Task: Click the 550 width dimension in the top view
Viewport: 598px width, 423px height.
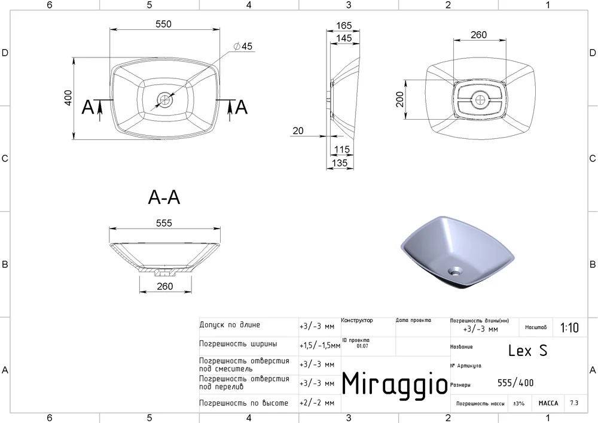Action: [164, 24]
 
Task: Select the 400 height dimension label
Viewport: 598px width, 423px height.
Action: [68, 98]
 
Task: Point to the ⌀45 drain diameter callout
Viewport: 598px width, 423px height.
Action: [243, 46]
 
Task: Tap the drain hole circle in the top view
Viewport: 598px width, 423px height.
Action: [165, 100]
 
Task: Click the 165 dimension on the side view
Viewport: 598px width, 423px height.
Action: [344, 26]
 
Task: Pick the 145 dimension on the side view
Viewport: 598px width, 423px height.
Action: [344, 38]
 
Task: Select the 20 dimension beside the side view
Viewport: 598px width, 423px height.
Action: [298, 131]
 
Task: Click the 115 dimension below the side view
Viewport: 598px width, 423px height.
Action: [341, 150]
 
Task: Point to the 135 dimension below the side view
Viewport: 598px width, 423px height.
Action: [340, 163]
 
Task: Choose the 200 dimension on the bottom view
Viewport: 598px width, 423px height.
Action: [399, 99]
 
